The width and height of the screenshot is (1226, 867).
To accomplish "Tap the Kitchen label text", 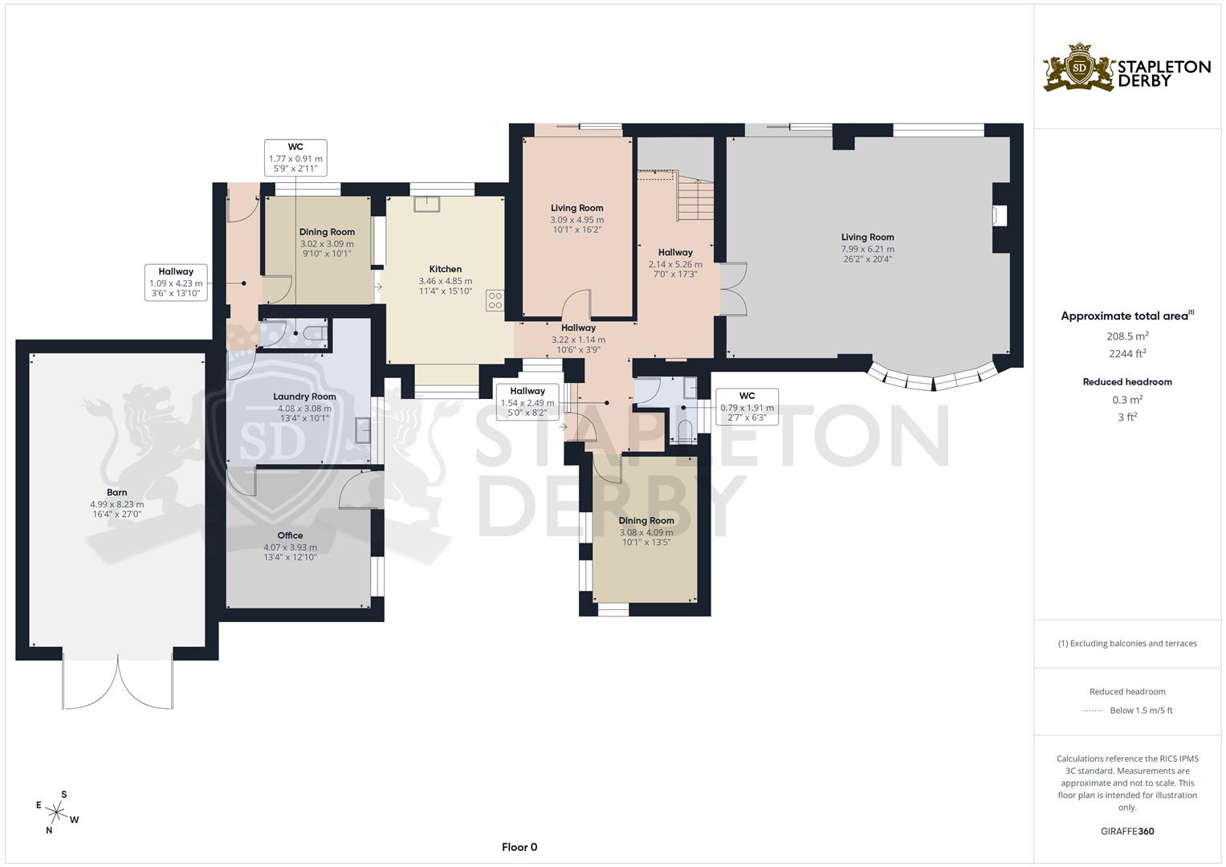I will point(446,269).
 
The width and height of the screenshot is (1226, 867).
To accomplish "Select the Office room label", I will point(290,535).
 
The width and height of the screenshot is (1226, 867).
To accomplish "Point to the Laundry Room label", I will point(304,397).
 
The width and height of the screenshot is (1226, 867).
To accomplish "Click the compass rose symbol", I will point(57,812).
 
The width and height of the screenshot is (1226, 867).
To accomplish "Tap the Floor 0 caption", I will point(519,847).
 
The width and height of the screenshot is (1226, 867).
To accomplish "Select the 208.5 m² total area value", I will point(1127,336).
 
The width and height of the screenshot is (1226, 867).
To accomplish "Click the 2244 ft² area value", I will point(1127,353).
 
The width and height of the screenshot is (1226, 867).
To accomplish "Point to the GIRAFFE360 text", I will point(1127,831).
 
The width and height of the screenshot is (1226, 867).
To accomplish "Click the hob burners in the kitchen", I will point(495,301).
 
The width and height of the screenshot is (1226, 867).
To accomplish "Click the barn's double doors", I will point(118,682).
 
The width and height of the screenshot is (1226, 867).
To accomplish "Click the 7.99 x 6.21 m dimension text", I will point(867,249).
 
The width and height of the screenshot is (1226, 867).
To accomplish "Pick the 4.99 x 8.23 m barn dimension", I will point(117,504).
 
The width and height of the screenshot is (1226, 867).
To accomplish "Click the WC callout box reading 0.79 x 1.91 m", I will point(747,406).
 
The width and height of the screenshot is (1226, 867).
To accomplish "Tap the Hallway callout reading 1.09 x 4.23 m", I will point(176,283).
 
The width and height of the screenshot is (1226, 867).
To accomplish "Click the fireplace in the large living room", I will point(1000,216).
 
